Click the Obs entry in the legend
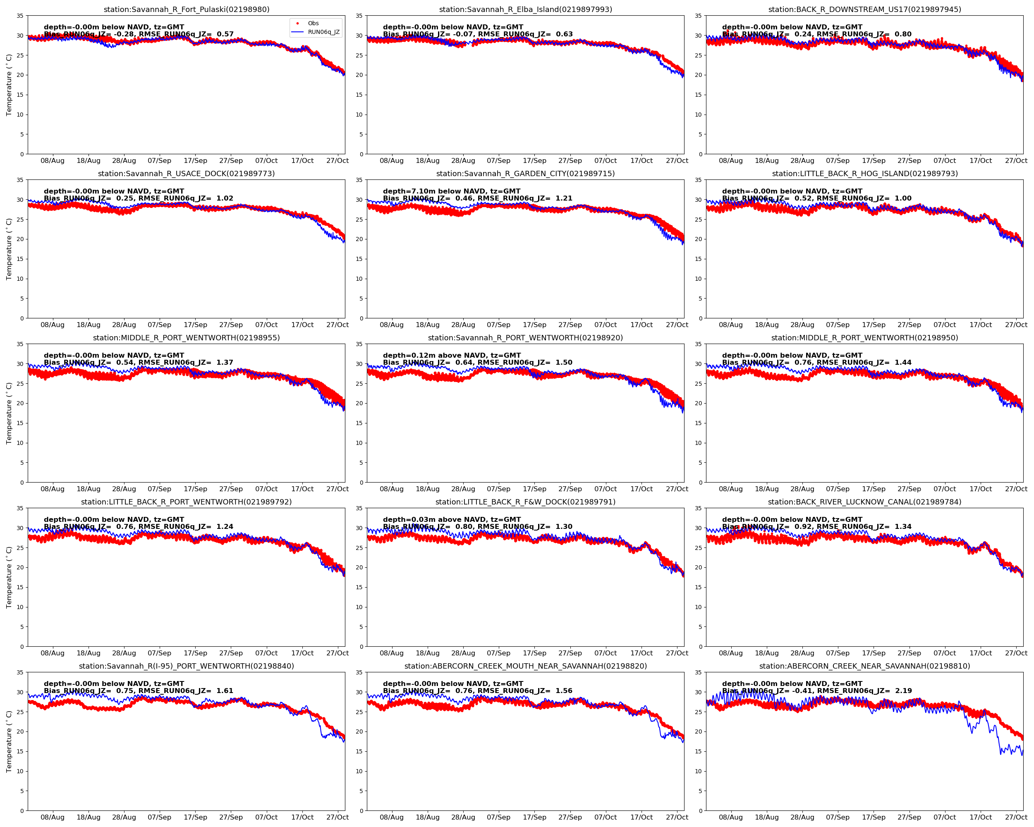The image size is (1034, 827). (313, 23)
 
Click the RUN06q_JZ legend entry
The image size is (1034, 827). (323, 32)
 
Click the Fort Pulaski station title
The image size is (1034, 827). (186, 10)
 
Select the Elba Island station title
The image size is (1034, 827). (525, 10)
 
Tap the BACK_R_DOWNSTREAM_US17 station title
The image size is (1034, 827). (864, 10)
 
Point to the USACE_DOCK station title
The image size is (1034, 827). (186, 174)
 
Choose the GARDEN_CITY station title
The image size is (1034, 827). (525, 174)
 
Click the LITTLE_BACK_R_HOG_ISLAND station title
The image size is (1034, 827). (864, 174)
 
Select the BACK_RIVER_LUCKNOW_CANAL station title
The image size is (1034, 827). (864, 502)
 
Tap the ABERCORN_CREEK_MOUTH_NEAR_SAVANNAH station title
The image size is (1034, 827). (525, 666)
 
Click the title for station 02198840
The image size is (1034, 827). (186, 666)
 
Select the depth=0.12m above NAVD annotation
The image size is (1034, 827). (451, 355)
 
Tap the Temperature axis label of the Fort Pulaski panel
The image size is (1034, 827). (9, 85)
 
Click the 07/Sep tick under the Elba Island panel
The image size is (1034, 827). (498, 160)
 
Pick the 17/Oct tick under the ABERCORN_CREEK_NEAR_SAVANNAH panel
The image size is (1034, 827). (980, 817)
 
